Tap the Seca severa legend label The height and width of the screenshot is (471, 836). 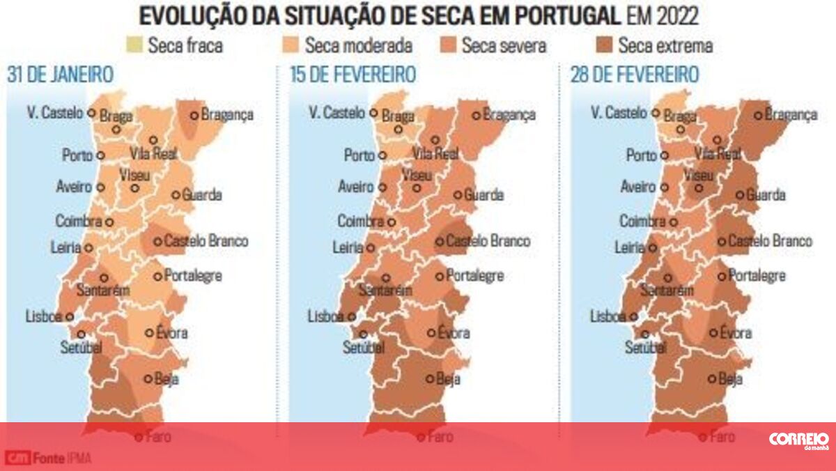[504, 46]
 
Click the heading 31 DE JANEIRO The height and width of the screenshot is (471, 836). [61, 75]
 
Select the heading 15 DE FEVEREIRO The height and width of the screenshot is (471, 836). [353, 75]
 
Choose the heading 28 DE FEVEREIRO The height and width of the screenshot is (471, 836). [634, 75]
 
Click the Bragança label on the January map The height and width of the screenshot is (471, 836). [227, 115]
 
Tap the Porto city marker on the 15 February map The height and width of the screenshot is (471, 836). [382, 155]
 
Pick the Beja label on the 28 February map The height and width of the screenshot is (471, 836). [730, 380]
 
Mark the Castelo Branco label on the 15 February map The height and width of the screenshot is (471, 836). [488, 242]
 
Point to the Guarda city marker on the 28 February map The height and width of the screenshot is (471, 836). [740, 195]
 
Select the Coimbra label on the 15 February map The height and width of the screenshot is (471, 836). [361, 222]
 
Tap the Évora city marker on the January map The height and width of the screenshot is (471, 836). [149, 333]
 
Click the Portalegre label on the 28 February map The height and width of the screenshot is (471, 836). [757, 276]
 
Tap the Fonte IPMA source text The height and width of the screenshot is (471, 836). [63, 458]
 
